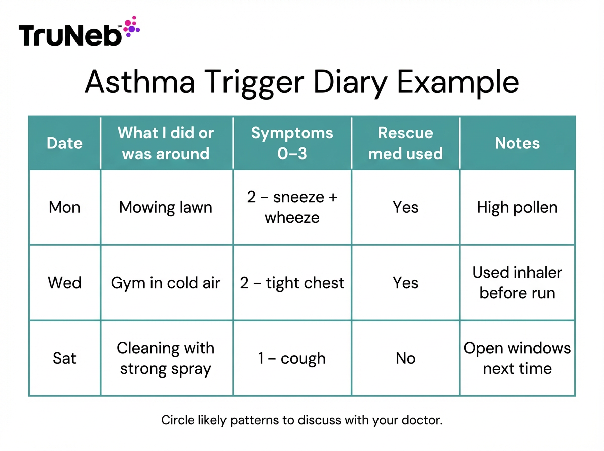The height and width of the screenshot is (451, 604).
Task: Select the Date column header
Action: tap(64, 143)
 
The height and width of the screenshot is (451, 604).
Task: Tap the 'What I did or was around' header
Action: tap(166, 143)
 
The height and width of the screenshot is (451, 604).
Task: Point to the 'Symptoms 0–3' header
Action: tap(292, 143)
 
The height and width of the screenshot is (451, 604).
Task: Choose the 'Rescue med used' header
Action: tap(405, 143)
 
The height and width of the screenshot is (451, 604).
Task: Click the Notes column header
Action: tap(517, 143)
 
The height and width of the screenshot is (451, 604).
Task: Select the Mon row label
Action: tap(64, 207)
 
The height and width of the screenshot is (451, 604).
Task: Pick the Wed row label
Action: tap(64, 283)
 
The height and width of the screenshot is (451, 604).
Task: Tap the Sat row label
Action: tap(64, 358)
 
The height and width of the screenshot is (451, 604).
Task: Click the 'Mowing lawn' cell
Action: tap(166, 207)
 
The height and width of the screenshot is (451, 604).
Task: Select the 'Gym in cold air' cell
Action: tap(166, 283)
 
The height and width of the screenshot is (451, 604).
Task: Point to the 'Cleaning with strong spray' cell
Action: tap(166, 358)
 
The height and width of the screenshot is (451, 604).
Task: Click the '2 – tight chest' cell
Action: tap(292, 283)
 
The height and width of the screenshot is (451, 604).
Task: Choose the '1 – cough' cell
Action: tap(292, 358)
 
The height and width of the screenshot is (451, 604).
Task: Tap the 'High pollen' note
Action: tap(517, 207)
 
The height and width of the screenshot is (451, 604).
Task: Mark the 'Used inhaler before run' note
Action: tap(517, 283)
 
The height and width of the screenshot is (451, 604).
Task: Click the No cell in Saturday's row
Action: tap(405, 358)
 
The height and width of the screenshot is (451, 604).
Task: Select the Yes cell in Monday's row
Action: tap(405, 207)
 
